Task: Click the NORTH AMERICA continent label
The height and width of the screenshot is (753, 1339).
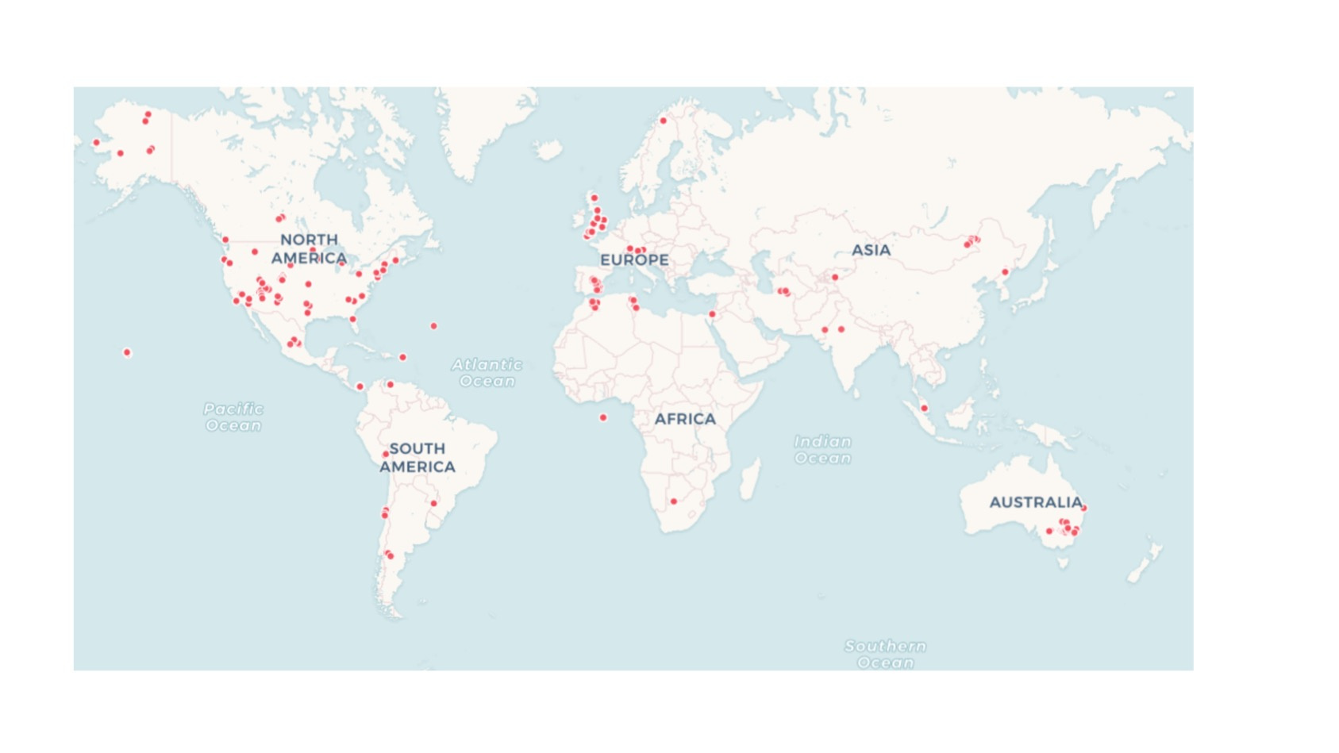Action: coord(309,248)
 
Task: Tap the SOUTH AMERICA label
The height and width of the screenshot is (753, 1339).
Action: coord(417,458)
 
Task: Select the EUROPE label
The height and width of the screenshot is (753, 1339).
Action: coord(634,259)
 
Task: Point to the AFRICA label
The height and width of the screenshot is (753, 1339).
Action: coord(685,418)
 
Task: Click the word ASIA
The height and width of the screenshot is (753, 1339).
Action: coord(871,250)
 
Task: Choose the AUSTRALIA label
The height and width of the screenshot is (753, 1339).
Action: coord(1035,502)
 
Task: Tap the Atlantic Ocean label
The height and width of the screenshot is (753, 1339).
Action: coord(487,372)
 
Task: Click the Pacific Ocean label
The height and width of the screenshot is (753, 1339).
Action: coord(233,417)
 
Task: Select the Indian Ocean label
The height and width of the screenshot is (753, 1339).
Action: coord(823,449)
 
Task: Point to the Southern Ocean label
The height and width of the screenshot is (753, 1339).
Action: coord(885,654)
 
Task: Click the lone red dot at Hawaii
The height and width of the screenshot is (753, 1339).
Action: coord(127,352)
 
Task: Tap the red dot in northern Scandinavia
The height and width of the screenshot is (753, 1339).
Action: coord(664,121)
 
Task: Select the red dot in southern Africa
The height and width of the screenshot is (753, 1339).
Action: coord(674,501)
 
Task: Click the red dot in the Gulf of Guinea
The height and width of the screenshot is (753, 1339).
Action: coord(603,417)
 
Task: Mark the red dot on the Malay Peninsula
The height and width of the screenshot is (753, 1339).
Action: coord(924,408)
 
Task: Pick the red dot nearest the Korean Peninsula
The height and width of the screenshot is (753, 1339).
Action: coord(1005,272)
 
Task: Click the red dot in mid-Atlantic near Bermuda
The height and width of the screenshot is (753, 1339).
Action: coord(433,326)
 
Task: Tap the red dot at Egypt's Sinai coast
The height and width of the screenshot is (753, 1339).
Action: coord(713,314)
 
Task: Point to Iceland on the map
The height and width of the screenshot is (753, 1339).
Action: coord(548,149)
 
